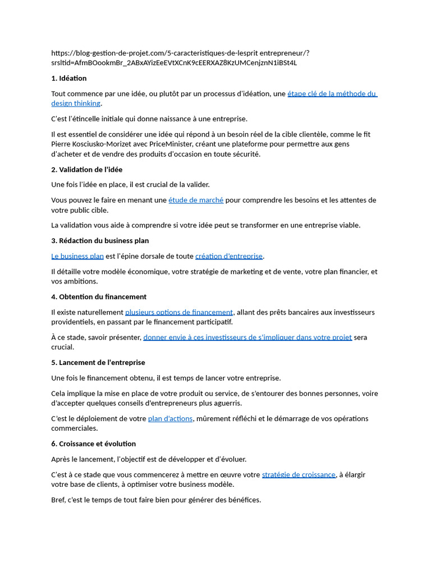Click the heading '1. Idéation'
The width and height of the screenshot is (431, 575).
click(69, 78)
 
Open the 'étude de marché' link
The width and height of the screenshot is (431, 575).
click(196, 200)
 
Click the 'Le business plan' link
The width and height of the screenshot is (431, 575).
click(77, 256)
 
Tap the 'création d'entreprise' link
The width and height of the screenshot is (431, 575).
click(229, 256)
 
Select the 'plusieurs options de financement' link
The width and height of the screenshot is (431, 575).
click(179, 312)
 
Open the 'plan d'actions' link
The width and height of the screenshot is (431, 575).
click(170, 418)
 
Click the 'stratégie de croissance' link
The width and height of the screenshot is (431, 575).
click(299, 474)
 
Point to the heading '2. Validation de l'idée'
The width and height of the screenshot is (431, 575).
click(86, 170)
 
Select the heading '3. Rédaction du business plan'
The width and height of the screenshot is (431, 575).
click(100, 241)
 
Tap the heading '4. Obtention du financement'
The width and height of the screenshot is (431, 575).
click(99, 297)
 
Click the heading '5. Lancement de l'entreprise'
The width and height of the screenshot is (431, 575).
click(98, 362)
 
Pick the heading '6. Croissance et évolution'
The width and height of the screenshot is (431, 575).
click(93, 444)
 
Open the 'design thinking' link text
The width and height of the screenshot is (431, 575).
click(76, 103)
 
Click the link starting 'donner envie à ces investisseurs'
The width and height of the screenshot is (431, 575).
click(247, 337)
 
